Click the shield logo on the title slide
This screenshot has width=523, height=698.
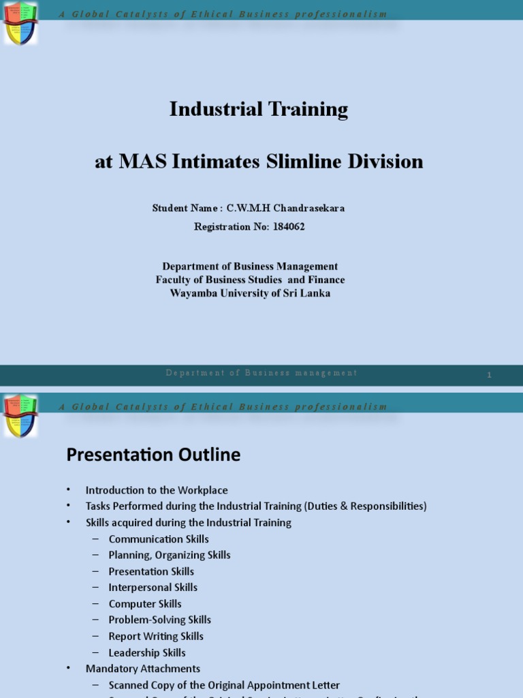[x=20, y=22]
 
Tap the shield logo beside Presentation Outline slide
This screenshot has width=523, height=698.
[x=20, y=414]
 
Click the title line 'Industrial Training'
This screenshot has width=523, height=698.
[x=259, y=109]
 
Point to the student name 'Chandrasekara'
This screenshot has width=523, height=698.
[x=311, y=209]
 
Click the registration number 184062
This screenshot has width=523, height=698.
[x=288, y=227]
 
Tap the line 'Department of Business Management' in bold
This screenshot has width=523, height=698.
[x=250, y=267]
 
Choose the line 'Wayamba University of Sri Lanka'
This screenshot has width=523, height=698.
[x=250, y=293]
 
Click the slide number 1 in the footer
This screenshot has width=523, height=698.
[x=489, y=375]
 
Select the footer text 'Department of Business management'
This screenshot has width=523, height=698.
[x=261, y=373]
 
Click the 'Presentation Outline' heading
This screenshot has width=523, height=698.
[x=153, y=455]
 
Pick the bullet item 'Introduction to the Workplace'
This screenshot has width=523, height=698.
[x=157, y=490]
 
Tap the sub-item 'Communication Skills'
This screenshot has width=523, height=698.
[x=159, y=539]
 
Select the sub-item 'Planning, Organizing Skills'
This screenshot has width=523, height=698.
[x=170, y=556]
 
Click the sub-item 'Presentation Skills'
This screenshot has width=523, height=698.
[x=151, y=572]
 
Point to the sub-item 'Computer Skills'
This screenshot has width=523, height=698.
[x=145, y=604]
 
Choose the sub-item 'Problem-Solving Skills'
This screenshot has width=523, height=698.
[x=160, y=620]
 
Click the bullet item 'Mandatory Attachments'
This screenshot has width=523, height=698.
[x=143, y=669]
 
